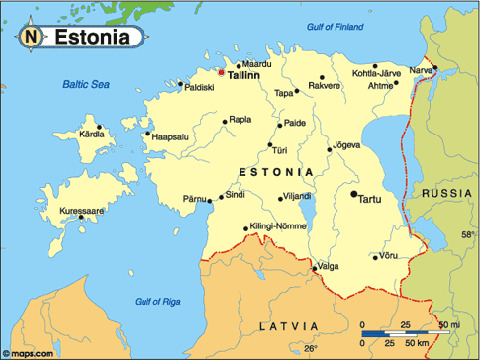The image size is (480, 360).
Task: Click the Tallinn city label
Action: (243, 74)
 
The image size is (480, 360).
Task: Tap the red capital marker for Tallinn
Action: (221, 71)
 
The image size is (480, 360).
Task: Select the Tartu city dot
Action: (354, 195)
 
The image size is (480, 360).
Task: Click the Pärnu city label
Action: (196, 199)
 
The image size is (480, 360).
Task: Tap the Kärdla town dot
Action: (98, 127)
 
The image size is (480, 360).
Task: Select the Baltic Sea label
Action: (85, 86)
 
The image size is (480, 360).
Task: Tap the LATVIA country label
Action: (289, 325)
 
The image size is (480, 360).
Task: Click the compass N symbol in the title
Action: (31, 38)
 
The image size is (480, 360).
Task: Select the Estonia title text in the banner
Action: (91, 38)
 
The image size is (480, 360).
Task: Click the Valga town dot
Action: (315, 266)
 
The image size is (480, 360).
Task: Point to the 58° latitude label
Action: (467, 235)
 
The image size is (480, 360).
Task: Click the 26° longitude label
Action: (311, 349)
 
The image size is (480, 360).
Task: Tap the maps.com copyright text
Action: (27, 352)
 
